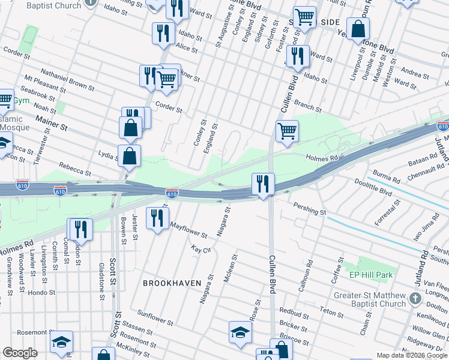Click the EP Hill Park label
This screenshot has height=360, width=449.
point(370,275)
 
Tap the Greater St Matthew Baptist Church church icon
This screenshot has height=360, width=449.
point(415,298)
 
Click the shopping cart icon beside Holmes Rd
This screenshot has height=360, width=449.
point(288,130)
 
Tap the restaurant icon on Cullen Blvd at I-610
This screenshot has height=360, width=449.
point(262,183)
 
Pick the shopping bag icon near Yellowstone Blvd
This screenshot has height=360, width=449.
point(358,28)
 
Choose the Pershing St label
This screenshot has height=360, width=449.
point(309,208)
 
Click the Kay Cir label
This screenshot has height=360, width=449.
point(201,248)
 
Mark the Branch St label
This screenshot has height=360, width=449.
point(307,106)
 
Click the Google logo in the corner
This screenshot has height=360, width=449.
point(20,353)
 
